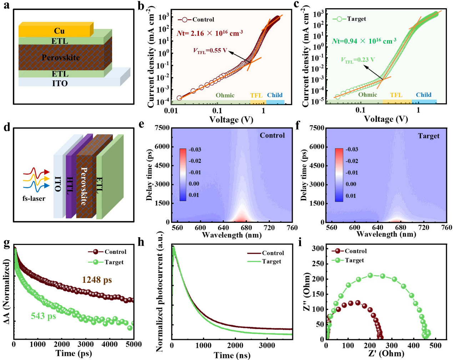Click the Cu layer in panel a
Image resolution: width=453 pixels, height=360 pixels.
tap(59, 31)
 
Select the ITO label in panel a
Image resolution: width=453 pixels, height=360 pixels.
tap(60, 83)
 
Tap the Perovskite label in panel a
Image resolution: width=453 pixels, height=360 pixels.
tap(61, 57)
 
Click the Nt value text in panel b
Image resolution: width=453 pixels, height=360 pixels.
tap(210, 33)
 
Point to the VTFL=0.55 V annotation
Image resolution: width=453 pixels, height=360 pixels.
tap(210, 51)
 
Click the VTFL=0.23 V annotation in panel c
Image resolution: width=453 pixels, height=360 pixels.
tap(358, 60)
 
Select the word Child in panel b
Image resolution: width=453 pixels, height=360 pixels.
tap(275, 95)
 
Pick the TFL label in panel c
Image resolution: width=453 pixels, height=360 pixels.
tap(396, 95)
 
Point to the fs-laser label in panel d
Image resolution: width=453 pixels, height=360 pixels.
tap(34, 199)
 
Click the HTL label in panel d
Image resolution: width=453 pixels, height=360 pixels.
tap(70, 185)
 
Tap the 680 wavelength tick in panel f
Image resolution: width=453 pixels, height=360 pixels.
tap(401, 227)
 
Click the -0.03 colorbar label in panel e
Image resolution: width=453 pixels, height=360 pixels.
tap(195, 149)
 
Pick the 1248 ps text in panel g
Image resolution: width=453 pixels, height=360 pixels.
tap(97, 280)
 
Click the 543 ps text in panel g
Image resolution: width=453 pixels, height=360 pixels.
tap(43, 316)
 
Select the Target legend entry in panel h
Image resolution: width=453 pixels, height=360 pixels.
tap(271, 261)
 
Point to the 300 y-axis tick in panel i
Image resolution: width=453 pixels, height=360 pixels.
tap(318, 248)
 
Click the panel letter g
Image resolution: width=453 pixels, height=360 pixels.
tap(6, 243)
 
